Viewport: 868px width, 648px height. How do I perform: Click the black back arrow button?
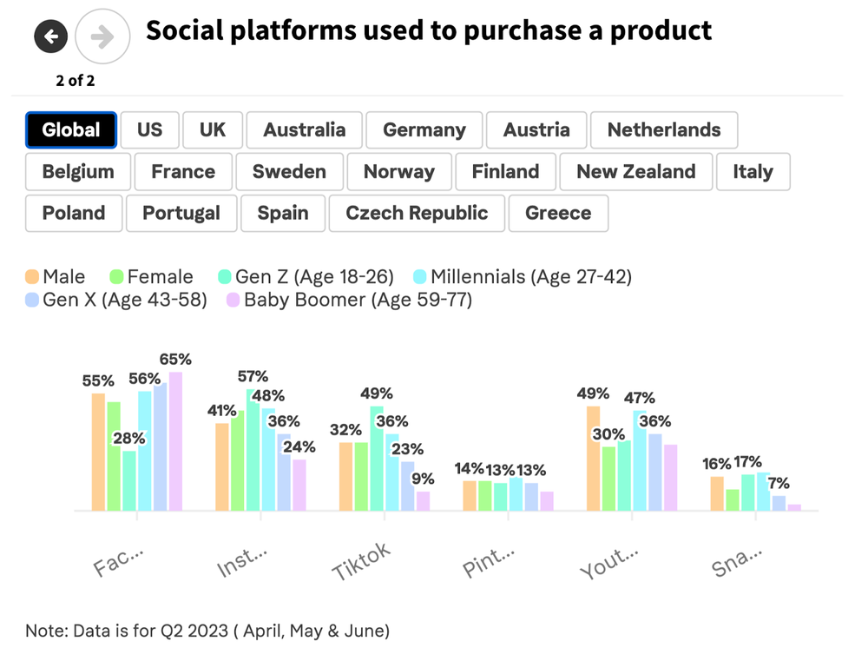tap(51, 36)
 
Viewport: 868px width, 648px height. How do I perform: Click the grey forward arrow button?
tap(102, 36)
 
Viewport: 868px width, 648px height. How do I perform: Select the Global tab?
tap(71, 130)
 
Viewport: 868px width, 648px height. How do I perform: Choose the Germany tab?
tap(424, 130)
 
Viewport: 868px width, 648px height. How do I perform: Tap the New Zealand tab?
tap(635, 172)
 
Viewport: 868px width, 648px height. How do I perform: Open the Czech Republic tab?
tap(417, 214)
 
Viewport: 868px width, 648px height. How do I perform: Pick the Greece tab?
tap(558, 214)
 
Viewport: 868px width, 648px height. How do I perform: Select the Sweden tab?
tap(289, 172)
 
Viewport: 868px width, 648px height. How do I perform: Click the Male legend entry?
tap(56, 277)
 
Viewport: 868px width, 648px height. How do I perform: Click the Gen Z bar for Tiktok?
tap(377, 458)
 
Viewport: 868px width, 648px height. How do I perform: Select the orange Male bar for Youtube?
tap(594, 458)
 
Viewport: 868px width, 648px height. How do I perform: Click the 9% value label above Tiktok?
tap(423, 478)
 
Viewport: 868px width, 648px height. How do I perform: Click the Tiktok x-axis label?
tap(361, 562)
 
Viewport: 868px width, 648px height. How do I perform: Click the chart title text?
tap(429, 31)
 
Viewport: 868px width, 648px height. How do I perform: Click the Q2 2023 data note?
tap(207, 630)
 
